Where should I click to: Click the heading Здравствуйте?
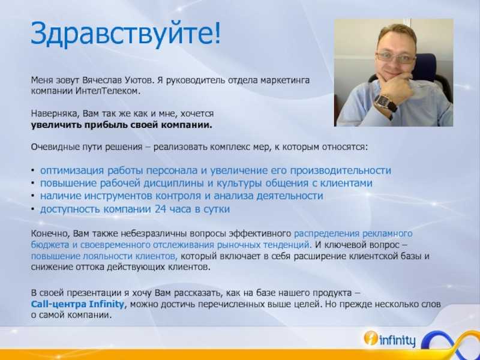(x=125, y=34)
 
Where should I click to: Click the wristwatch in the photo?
(x=386, y=103)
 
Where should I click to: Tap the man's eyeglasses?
(x=395, y=57)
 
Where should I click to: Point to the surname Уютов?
(x=139, y=80)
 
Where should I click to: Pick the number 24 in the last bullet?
(x=160, y=209)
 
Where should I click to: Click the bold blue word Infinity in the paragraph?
(x=106, y=304)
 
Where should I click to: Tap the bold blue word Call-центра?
(x=59, y=304)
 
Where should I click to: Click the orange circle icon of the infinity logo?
(x=370, y=338)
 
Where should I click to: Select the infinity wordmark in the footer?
(x=397, y=340)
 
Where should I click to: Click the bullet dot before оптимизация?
(x=33, y=170)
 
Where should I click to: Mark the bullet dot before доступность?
(x=33, y=209)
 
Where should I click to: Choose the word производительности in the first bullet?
(x=340, y=170)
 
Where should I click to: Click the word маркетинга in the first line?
(x=285, y=80)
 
